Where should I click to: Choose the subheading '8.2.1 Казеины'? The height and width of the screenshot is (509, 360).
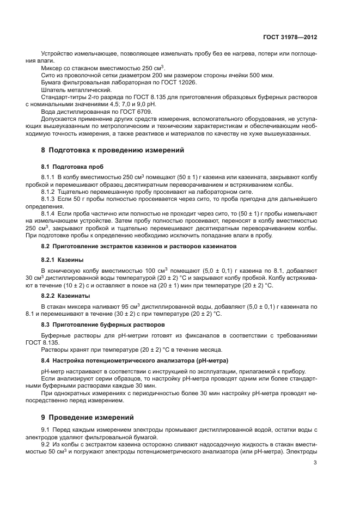tap(63, 260)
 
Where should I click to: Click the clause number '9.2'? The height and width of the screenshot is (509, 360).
tap(46, 444)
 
